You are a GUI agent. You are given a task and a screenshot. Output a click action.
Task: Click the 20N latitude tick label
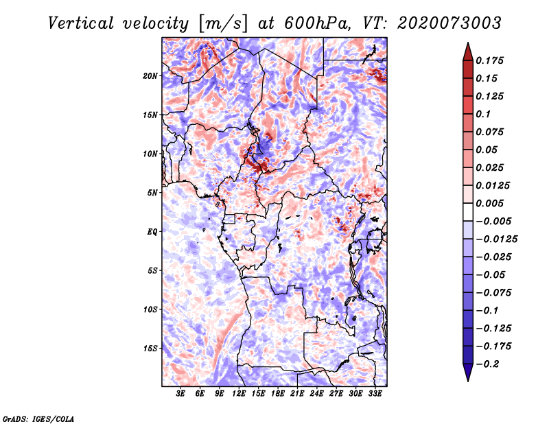pos(150,75)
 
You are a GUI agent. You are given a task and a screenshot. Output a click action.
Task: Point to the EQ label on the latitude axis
pos(152,232)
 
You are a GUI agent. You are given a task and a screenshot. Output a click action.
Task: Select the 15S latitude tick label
pos(150,349)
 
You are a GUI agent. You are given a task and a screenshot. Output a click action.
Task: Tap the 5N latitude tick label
pos(152,193)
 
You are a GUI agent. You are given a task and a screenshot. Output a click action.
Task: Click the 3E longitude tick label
pos(181,394)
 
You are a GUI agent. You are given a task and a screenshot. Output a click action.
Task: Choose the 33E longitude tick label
pos(375,394)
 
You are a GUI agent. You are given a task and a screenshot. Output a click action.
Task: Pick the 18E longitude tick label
pos(278,394)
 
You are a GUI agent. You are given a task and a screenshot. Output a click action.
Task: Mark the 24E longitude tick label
pos(317,394)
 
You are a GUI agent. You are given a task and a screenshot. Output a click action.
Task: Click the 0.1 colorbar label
pos(484,114)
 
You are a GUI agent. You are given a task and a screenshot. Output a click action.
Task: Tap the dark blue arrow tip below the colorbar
pos(467,375)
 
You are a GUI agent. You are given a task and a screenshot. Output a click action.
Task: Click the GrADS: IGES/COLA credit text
pos(38,417)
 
